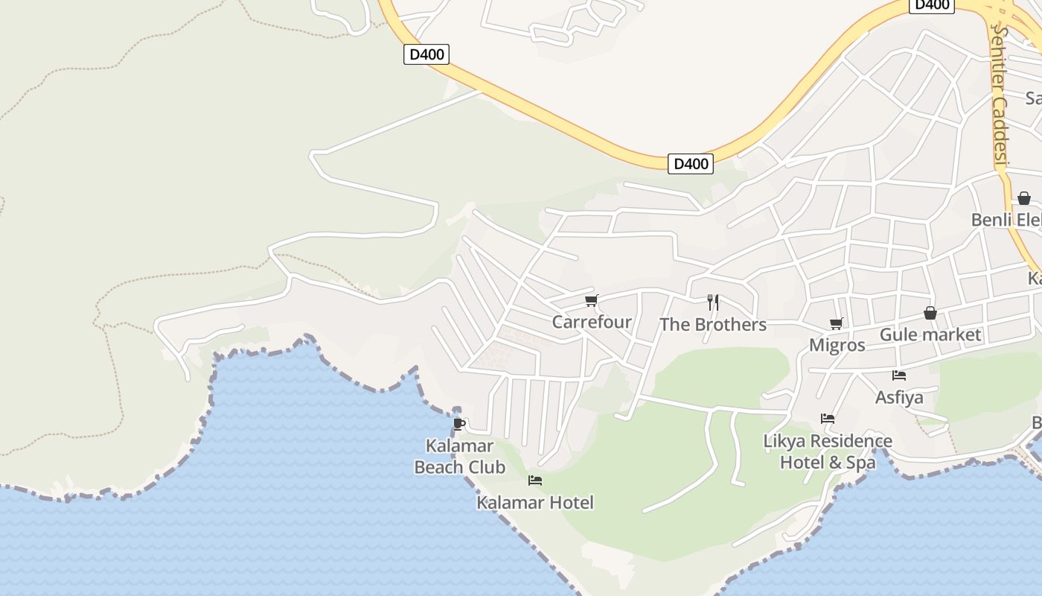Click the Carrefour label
(x=591, y=322)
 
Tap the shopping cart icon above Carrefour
(x=591, y=300)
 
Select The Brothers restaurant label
(x=712, y=324)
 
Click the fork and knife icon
(x=712, y=302)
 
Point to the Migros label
(x=837, y=345)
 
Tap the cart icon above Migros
(x=836, y=323)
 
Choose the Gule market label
(x=930, y=335)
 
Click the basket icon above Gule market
(x=930, y=313)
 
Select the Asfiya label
(x=898, y=397)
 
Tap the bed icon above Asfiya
(x=898, y=375)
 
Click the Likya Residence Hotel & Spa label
(x=827, y=451)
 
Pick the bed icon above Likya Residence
(x=827, y=419)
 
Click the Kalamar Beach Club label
(x=459, y=457)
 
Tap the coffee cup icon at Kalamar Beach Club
(x=459, y=424)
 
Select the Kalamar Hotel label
(x=534, y=502)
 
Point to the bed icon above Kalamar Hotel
(x=534, y=481)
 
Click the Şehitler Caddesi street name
(x=999, y=97)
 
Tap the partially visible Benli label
(x=1005, y=220)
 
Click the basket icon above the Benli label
(x=1024, y=198)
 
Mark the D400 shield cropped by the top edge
(x=931, y=5)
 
